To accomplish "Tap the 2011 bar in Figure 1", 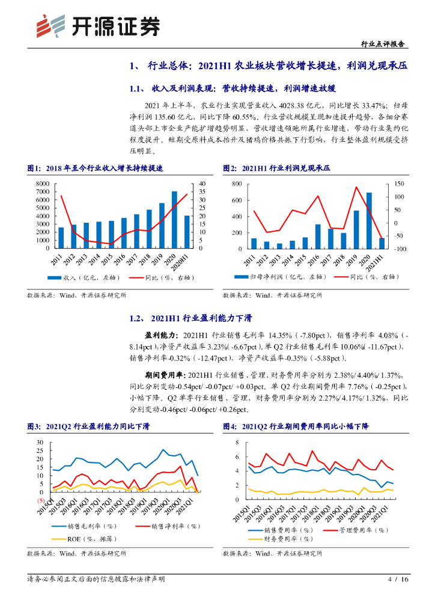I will (x=61, y=237).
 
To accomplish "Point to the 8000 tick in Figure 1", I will (x=42, y=184).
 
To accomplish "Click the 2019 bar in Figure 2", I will (x=356, y=229).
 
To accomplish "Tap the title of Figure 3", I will (x=88, y=426).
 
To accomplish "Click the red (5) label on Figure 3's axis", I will (x=41, y=500).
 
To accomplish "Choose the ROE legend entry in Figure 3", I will (x=80, y=539).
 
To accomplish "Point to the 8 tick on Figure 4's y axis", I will (x=237, y=442).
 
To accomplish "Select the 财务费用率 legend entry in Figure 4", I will (x=286, y=539).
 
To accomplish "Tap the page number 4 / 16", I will (x=398, y=579).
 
